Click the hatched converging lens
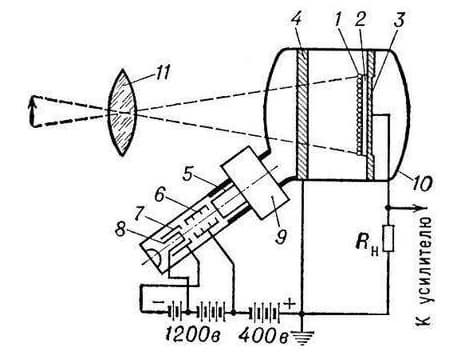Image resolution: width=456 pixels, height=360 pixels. [122, 112]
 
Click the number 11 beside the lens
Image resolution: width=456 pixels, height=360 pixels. [159, 73]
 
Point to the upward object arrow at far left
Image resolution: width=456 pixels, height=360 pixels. [32, 111]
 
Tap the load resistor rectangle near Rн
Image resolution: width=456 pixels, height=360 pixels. [389, 238]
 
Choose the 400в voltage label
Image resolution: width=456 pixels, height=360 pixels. [263, 335]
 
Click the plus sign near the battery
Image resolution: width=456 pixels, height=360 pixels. [290, 303]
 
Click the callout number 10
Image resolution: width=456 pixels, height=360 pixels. [422, 183]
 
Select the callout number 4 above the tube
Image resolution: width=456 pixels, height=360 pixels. [296, 21]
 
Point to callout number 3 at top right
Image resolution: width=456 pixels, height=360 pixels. [399, 19]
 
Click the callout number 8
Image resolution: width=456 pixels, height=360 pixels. [120, 229]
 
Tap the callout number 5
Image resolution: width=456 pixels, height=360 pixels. [188, 173]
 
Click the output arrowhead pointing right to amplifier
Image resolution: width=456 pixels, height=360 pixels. [421, 208]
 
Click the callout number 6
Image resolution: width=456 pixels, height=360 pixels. [160, 194]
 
